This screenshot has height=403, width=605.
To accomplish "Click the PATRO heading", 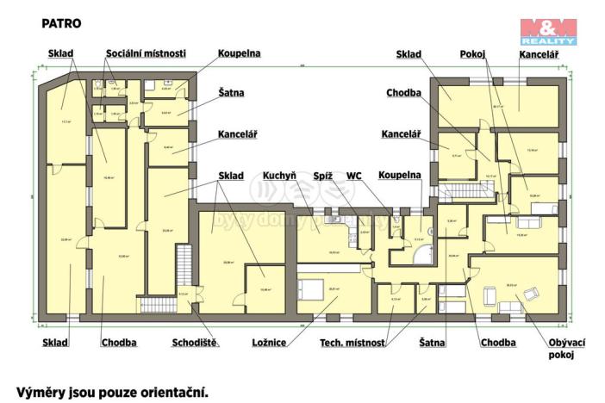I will tap(61, 24).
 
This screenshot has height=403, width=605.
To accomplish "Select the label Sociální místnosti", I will tap(145, 53).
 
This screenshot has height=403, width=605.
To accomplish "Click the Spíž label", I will tap(323, 176).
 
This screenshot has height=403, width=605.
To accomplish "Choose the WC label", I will tap(353, 176).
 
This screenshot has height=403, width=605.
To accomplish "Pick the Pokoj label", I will tap(473, 53).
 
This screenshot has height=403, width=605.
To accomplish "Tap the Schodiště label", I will tap(196, 342).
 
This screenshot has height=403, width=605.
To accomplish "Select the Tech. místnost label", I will tap(352, 342).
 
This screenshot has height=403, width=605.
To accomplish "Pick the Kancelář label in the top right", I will tap(540, 53).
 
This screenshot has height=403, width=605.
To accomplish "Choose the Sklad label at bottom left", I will tap(54, 342).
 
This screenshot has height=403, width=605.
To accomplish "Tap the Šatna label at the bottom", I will tap(432, 342).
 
